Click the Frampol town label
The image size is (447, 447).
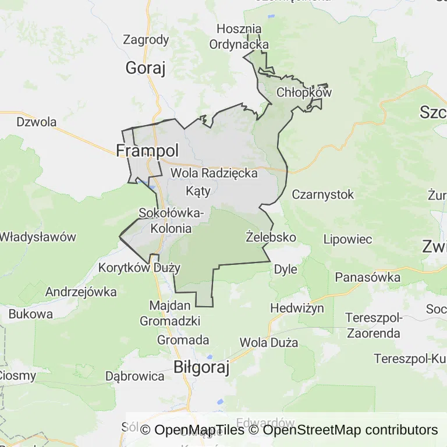pyautogui.click(x=147, y=151)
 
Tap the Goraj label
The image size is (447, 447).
pyautogui.click(x=146, y=69)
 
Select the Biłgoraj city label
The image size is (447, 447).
pyautogui.click(x=202, y=368)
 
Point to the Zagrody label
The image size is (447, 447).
pyautogui.click(x=146, y=40)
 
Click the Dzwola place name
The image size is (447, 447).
pyautogui.click(x=37, y=122)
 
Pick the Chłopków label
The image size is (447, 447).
pyautogui.click(x=304, y=92)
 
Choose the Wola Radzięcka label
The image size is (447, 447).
pyautogui.click(x=214, y=173)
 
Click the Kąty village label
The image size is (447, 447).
pyautogui.click(x=198, y=190)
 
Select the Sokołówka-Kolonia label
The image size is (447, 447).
pyautogui.click(x=171, y=221)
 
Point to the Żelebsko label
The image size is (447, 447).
pyautogui.click(x=271, y=237)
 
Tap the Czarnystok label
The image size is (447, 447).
pyautogui.click(x=323, y=194)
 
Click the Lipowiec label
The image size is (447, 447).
pyautogui.click(x=347, y=239)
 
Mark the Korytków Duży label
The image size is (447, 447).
pyautogui.click(x=140, y=268)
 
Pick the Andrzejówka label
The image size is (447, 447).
pyautogui.click(x=81, y=292)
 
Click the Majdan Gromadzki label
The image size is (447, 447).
pyautogui.click(x=170, y=313)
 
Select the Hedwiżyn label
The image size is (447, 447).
pyautogui.click(x=297, y=308)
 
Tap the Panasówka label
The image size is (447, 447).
pyautogui.click(x=368, y=278)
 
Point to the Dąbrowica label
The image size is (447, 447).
pyautogui.click(x=135, y=376)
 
